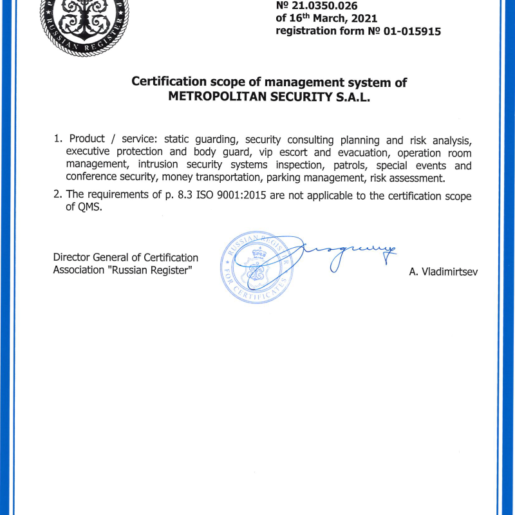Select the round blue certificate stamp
point(256,267)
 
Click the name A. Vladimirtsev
point(444,272)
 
